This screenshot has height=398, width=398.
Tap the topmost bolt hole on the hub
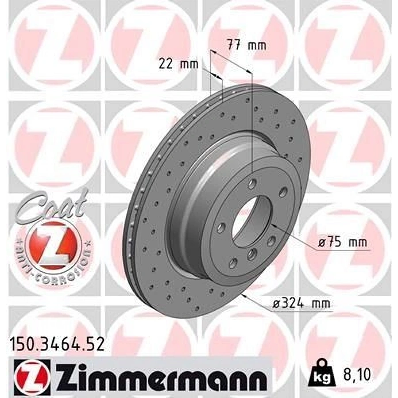[252, 182]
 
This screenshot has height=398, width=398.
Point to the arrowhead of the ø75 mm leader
[273, 225]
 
